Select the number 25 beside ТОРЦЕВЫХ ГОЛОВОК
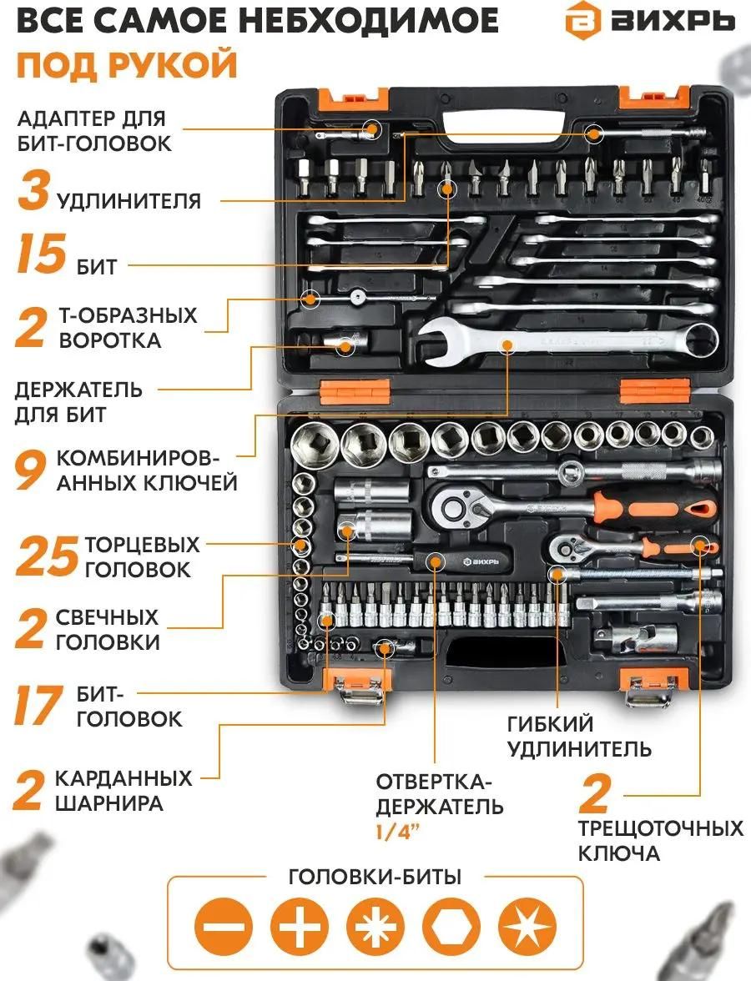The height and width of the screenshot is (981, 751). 47,556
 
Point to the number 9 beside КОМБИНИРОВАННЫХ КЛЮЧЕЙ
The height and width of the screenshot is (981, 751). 30,470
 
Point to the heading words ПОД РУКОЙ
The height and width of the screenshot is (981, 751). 127,63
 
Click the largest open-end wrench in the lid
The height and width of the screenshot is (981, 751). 567,343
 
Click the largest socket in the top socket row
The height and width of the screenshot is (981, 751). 314,442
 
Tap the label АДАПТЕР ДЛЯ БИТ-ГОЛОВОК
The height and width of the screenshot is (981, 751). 93,131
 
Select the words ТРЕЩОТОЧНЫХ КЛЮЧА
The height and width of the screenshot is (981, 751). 659,841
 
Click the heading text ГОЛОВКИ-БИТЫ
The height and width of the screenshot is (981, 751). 375,877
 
